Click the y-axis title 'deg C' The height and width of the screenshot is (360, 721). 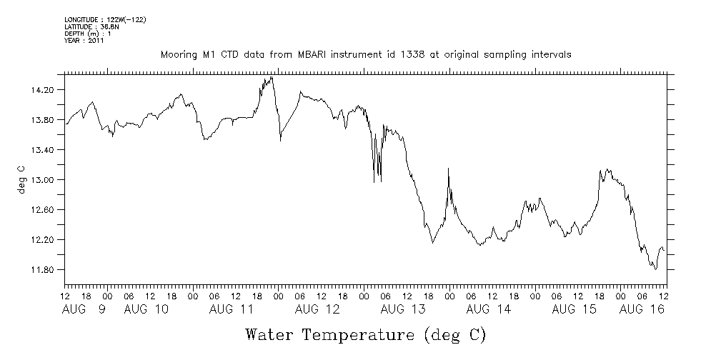coord(21,179)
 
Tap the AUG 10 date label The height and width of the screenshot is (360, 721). coord(146,309)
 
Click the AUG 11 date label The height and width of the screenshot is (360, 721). coord(232,309)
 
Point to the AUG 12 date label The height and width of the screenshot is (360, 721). coord(317,309)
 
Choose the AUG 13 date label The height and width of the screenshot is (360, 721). coord(403,309)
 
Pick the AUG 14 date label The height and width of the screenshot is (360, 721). coord(489,309)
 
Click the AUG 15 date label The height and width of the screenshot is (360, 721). coord(575,309)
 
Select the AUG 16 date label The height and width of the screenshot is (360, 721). coord(641,309)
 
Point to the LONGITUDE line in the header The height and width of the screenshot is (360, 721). coord(105,20)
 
